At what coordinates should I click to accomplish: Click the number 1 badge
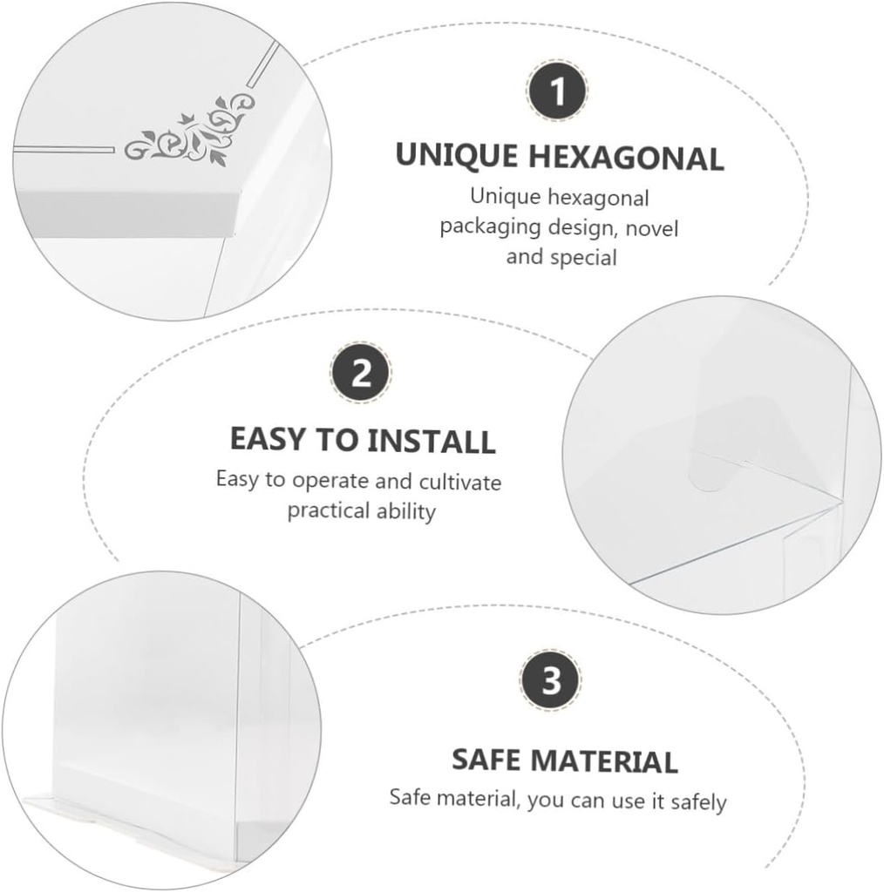pyautogui.click(x=557, y=91)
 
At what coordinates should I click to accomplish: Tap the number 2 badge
pyautogui.click(x=361, y=373)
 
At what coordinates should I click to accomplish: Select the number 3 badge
pyautogui.click(x=551, y=679)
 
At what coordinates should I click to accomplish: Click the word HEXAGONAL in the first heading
pyautogui.click(x=626, y=157)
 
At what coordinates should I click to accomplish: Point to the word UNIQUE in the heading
pyautogui.click(x=457, y=155)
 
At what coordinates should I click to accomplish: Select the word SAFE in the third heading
pyautogui.click(x=488, y=760)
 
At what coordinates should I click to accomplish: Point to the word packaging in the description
pyautogui.click(x=490, y=227)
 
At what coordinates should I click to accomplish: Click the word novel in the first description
pyautogui.click(x=652, y=229)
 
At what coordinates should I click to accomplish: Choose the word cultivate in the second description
pyautogui.click(x=460, y=483)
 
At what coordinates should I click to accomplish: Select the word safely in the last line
pyautogui.click(x=698, y=802)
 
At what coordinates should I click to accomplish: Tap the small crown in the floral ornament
pyautogui.click(x=186, y=118)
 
